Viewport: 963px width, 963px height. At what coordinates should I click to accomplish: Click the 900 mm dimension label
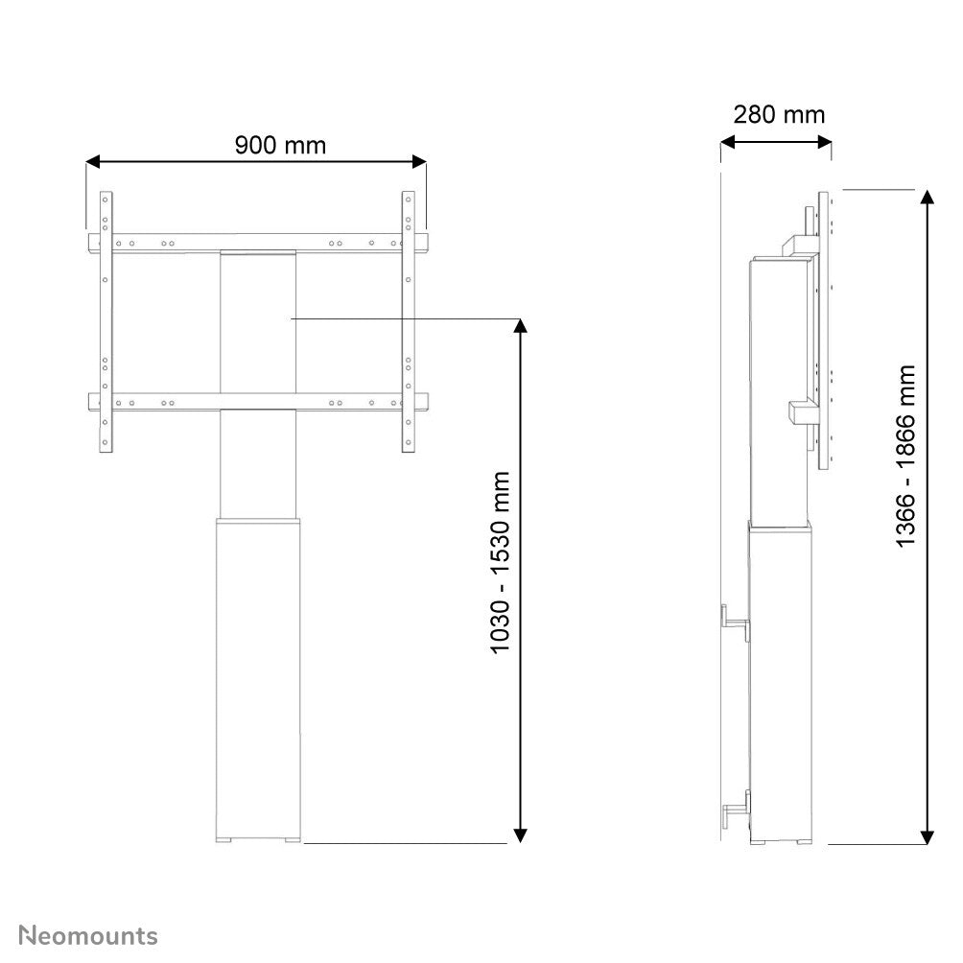280,145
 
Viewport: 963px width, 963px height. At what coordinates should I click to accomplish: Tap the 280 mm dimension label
779,115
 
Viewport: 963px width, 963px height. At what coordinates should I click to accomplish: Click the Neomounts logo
89,935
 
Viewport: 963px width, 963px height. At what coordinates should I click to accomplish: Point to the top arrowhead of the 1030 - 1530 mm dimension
521,326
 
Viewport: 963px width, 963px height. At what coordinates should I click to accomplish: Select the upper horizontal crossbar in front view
257,243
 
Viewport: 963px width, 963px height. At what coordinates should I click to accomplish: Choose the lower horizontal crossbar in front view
257,403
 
